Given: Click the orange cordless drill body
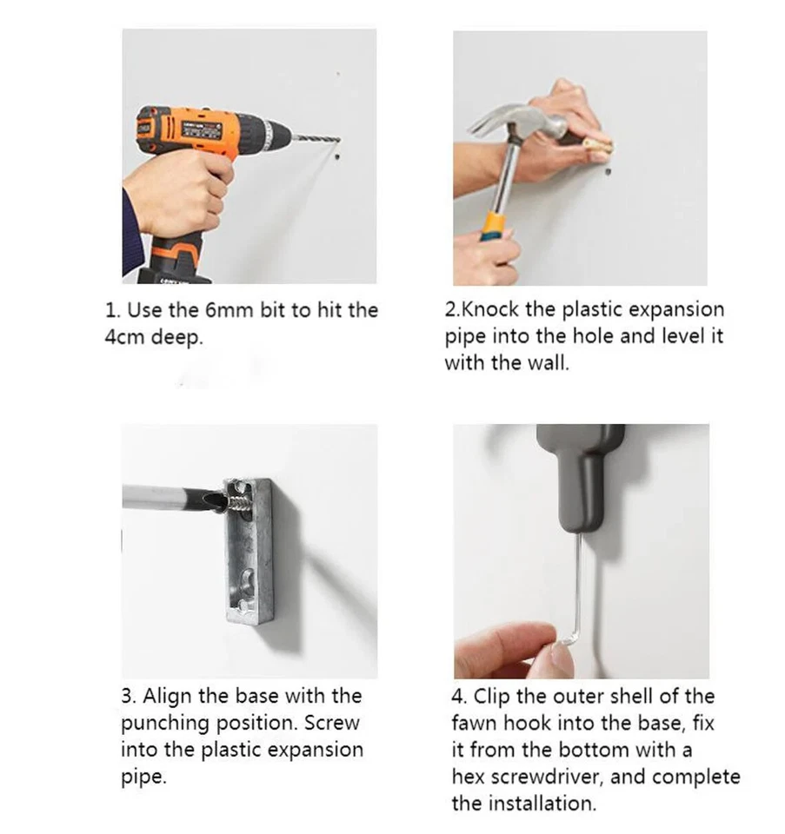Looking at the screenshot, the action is (x=203, y=133).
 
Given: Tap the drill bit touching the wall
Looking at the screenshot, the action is (x=316, y=139).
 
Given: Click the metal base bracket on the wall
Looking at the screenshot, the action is (x=249, y=551).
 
